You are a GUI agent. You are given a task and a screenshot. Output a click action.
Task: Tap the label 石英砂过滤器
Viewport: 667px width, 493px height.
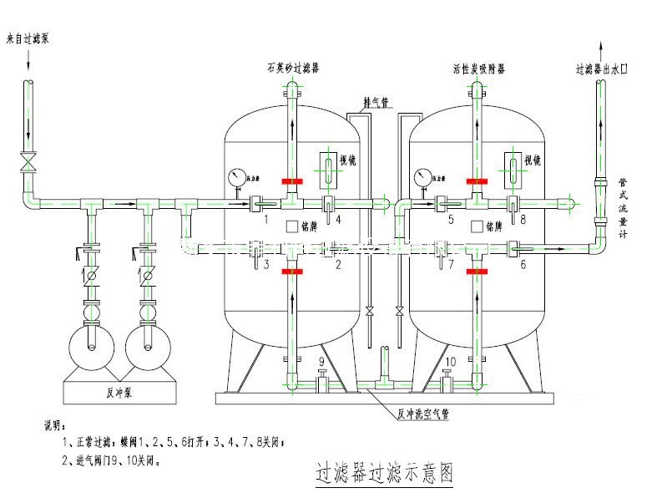293,68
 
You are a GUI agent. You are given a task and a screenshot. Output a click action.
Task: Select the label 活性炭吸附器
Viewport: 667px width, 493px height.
478,68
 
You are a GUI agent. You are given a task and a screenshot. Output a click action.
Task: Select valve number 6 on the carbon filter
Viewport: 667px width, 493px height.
523,265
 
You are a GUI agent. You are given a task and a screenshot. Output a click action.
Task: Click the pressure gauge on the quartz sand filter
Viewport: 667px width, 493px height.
238,177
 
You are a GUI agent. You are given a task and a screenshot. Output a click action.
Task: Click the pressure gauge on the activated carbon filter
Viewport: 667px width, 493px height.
423,177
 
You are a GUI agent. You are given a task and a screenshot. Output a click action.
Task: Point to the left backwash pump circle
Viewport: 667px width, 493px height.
87,343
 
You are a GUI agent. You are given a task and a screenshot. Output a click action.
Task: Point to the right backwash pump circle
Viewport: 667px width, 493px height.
149,343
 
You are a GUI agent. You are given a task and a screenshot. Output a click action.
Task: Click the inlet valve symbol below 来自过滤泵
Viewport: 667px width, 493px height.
29,160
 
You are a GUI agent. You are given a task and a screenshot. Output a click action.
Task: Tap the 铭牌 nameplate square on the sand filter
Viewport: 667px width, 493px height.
292,226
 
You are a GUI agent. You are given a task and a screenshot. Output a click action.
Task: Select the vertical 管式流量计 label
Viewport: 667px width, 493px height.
622,207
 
